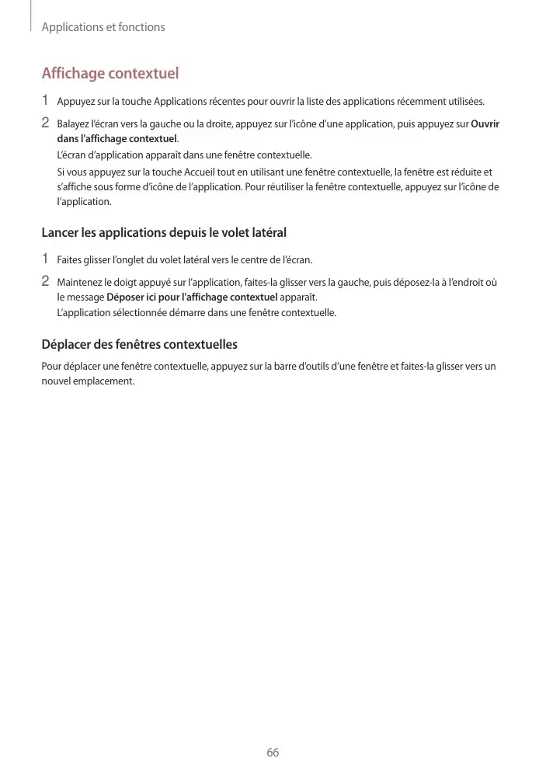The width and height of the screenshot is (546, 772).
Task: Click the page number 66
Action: (273, 753)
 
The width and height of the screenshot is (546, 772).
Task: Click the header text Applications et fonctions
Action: (103, 27)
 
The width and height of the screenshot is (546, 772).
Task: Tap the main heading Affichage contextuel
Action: (110, 74)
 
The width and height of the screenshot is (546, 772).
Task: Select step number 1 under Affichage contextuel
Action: (45, 100)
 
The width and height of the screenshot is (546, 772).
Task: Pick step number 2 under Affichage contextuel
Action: (45, 123)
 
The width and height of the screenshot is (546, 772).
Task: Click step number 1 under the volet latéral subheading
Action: (45, 259)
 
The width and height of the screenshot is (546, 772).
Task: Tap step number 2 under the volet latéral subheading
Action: (45, 281)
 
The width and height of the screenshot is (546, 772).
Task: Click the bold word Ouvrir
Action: (485, 124)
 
